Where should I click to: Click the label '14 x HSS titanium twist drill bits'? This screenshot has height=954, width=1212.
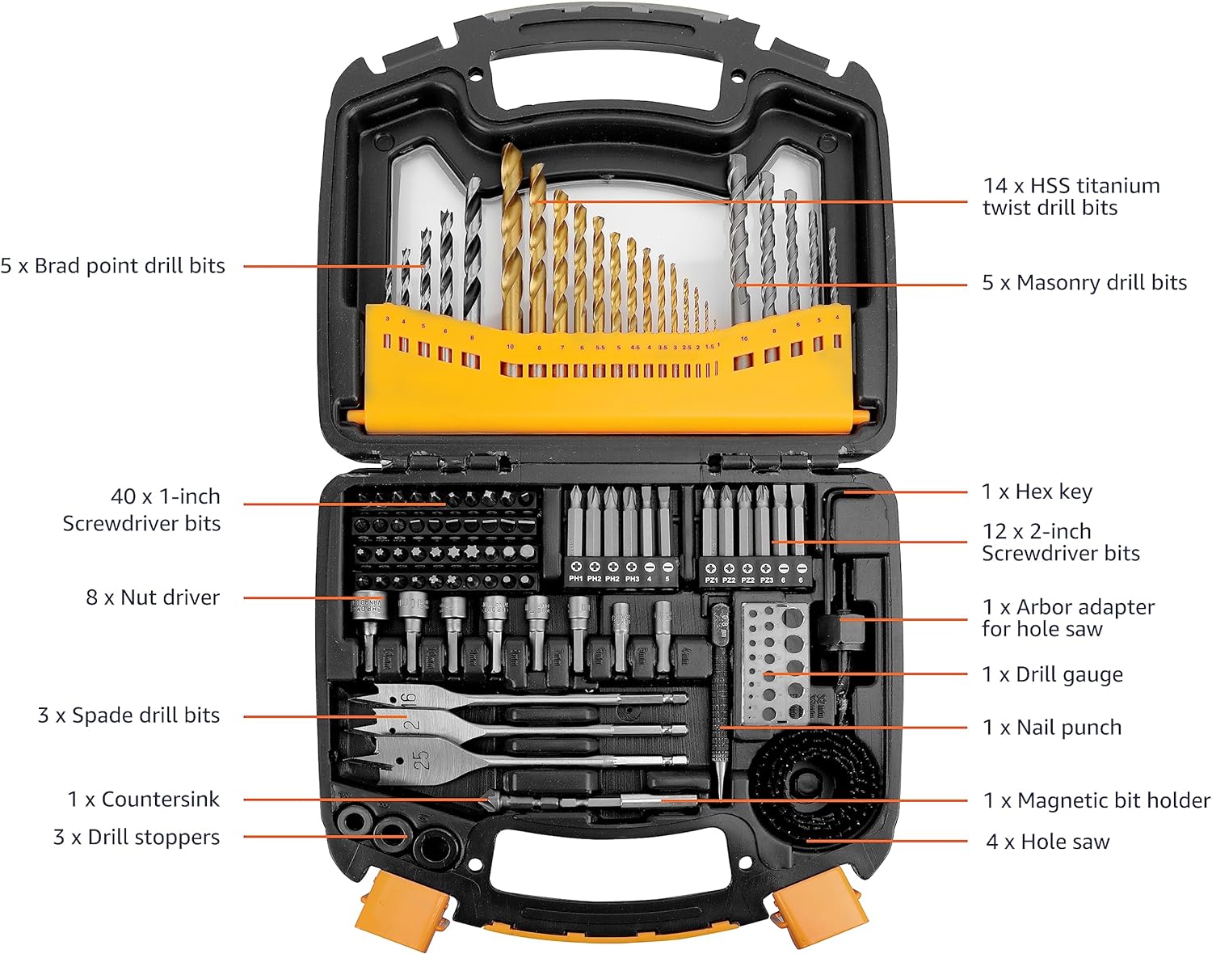click(x=1071, y=196)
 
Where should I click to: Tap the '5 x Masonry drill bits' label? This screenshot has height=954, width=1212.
click(x=1084, y=283)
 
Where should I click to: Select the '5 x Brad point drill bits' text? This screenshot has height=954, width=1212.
click(x=112, y=266)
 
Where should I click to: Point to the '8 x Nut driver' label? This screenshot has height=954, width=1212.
click(x=153, y=597)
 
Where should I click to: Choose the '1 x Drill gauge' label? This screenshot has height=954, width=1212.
click(x=1052, y=674)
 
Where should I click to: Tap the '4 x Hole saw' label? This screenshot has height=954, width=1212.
click(x=1047, y=842)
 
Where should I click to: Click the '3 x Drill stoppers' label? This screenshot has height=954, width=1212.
click(x=137, y=837)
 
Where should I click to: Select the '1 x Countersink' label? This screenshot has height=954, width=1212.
click(x=143, y=800)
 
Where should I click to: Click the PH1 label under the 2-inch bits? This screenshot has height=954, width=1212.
click(x=576, y=579)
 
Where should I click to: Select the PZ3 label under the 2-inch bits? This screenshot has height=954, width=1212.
click(x=766, y=580)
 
